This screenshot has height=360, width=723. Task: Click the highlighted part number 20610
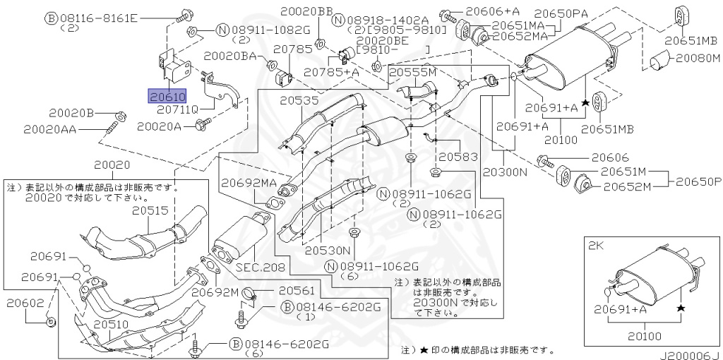coord(167,97)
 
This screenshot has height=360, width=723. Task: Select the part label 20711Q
coord(177,109)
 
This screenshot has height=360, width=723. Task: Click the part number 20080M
coord(698,58)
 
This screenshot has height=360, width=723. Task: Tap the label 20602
coord(25,303)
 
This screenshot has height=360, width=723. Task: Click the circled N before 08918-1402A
coord(339,20)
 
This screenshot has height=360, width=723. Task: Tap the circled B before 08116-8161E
coord(51,18)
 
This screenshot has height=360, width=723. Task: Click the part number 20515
coord(150,210)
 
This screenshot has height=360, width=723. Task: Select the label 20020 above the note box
coord(112,164)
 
